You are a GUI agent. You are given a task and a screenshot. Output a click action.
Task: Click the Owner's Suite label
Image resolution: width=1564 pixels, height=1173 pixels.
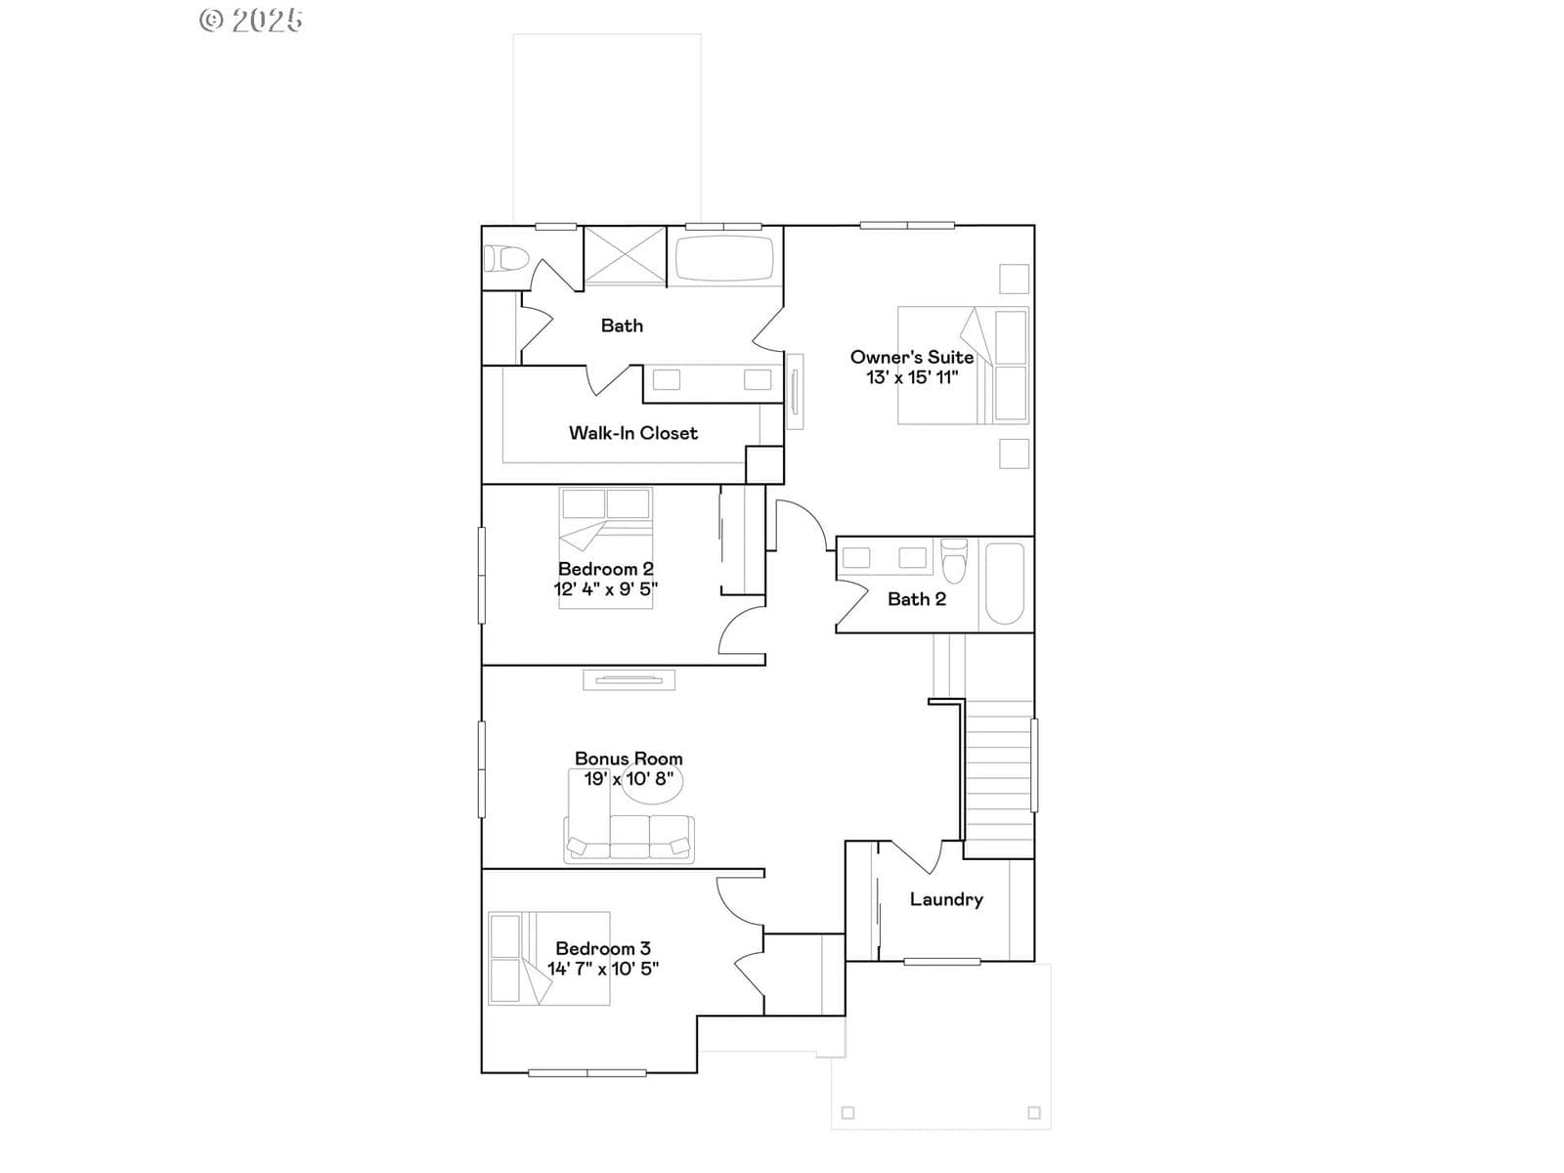coord(911,357)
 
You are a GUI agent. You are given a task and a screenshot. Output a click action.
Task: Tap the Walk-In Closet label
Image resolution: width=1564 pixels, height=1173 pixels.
coord(632,433)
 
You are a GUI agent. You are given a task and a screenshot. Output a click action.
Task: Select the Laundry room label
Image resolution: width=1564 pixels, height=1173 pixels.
coord(946,899)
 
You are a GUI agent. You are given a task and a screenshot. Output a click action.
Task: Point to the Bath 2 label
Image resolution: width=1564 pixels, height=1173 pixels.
coord(916,599)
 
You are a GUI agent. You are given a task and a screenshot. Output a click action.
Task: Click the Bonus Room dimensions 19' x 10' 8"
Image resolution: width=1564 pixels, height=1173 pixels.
coord(629,778)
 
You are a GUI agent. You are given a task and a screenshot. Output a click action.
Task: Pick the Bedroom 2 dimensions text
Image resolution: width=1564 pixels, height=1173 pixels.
coord(606,589)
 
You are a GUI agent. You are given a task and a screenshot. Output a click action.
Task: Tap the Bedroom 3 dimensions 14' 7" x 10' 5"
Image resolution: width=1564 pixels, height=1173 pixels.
coord(603,969)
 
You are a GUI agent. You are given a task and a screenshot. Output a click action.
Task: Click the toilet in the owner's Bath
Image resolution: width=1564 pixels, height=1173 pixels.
coord(505,258)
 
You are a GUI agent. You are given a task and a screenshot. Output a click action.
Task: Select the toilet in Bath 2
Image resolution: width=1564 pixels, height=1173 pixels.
coord(955,560)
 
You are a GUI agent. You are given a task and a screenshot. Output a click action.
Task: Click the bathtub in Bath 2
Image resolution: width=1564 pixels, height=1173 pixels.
coord(1005,584)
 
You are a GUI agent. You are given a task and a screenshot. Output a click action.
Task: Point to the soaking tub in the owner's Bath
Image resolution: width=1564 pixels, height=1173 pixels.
coord(724,258)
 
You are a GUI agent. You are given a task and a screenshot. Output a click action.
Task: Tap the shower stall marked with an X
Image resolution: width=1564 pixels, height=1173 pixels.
coord(625,255)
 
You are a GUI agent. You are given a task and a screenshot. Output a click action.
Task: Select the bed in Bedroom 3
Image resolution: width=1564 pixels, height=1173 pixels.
coord(548,959)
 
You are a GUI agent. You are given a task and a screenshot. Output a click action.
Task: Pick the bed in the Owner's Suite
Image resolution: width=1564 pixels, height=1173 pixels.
coord(963,366)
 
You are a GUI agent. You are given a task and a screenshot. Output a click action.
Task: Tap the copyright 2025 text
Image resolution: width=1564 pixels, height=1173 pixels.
coord(251,20)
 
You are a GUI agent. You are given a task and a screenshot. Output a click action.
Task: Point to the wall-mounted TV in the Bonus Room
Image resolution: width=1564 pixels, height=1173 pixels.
coord(630,680)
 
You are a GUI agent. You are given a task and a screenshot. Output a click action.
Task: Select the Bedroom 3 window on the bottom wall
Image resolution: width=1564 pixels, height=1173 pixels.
coord(587,1072)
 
